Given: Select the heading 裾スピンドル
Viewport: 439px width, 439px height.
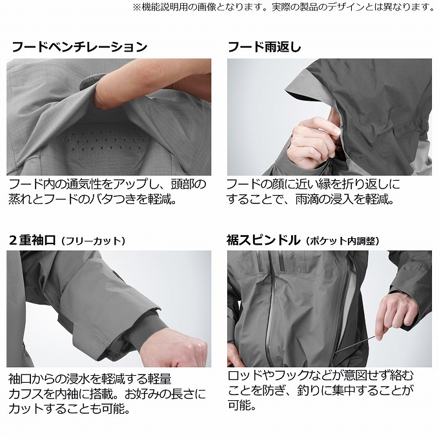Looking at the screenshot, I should [263, 240].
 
